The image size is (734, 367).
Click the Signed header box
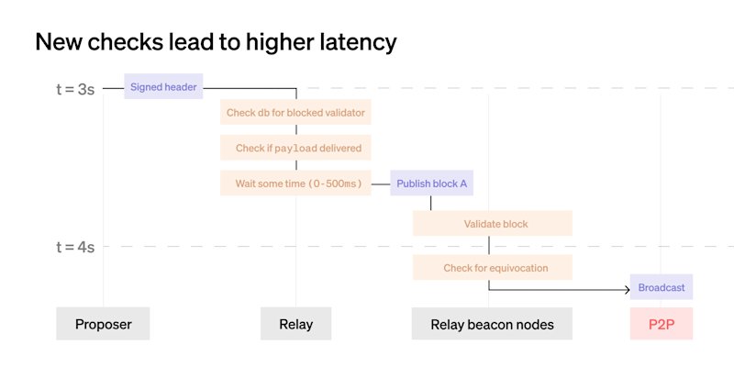[163, 86]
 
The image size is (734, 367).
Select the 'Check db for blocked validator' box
[295, 112]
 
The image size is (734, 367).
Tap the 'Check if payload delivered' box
[295, 148]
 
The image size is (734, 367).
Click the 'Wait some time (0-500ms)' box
[295, 183]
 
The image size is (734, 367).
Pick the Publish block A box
[431, 183]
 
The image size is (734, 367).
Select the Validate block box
[493, 223]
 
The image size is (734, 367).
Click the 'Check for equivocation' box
[493, 267]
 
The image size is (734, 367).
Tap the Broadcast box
[662, 287]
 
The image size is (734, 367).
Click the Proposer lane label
[103, 324]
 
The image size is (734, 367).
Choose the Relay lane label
[295, 324]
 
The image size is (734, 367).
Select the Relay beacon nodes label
[492, 324]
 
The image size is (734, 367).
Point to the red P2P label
[662, 324]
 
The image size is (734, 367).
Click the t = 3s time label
[75, 89]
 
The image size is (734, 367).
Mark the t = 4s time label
[75, 247]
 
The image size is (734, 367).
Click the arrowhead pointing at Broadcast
[628, 290]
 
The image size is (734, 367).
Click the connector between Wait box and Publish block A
[381, 183]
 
